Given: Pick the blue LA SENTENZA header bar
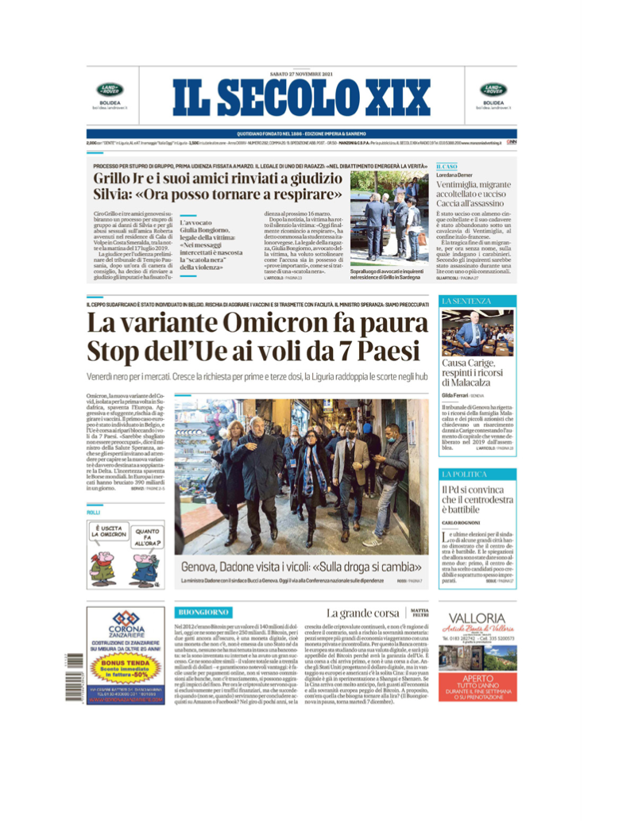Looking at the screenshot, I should [x=478, y=302].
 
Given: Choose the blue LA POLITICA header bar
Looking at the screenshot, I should [x=478, y=474].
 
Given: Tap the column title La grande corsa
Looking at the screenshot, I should [x=362, y=613].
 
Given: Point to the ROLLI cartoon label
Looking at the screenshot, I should [x=93, y=514].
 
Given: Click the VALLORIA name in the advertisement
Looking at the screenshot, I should [x=477, y=617].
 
